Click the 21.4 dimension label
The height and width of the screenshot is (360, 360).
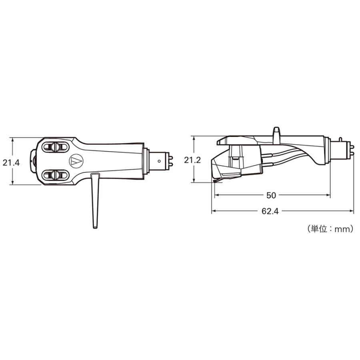(x=11, y=163)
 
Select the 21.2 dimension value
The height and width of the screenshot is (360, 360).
(x=192, y=160)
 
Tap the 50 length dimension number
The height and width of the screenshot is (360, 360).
(x=271, y=195)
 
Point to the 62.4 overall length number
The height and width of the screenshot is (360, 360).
(x=270, y=211)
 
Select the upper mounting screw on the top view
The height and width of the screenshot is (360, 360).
(x=55, y=146)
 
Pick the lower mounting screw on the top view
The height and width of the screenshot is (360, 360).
(x=55, y=175)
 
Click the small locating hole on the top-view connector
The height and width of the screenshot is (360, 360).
(x=159, y=161)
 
